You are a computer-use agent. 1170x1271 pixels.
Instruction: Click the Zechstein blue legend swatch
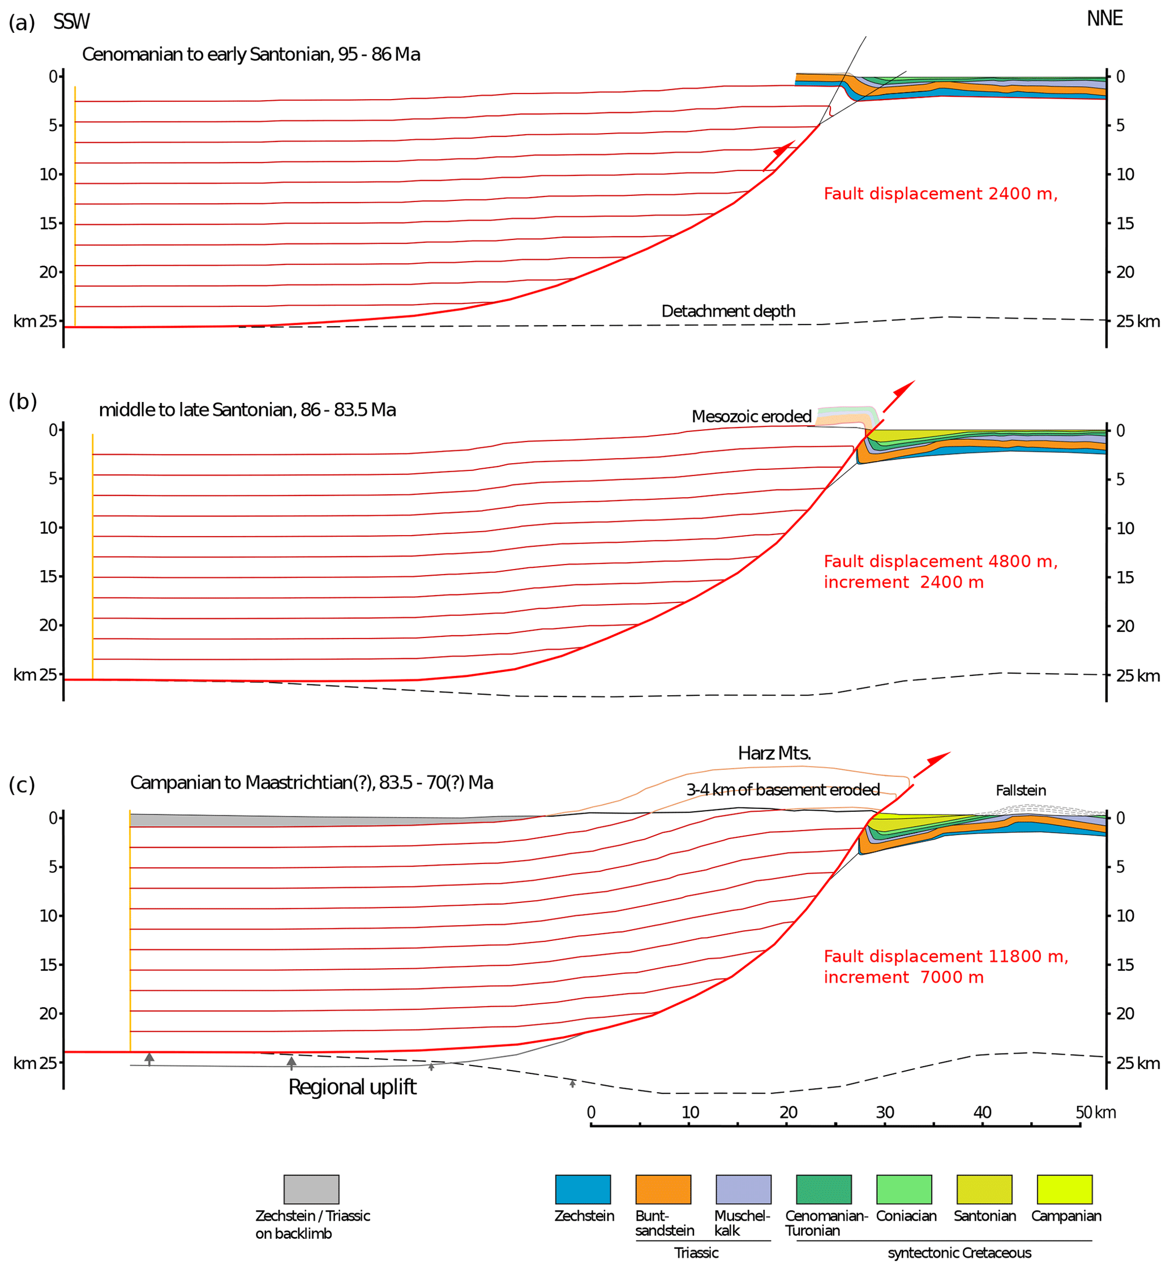tap(582, 1189)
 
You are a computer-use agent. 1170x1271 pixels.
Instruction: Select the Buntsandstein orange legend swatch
tap(663, 1189)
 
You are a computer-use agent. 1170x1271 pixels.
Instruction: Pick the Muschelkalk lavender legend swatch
tap(743, 1189)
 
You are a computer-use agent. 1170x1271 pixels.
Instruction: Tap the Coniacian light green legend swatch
tap(903, 1189)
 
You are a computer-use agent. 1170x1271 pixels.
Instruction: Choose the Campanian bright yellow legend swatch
tap(1064, 1189)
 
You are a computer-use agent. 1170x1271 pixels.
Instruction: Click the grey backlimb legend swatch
tap(311, 1189)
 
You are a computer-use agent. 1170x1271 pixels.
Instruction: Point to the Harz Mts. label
tap(774, 753)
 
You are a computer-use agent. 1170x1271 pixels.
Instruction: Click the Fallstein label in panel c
tap(1021, 790)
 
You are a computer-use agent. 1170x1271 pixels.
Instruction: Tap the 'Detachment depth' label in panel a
tap(728, 311)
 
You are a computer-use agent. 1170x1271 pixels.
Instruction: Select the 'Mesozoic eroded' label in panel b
tap(752, 416)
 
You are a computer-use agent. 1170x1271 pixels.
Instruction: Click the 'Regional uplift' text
tap(352, 1086)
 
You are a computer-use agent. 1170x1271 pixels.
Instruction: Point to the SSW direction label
tap(71, 22)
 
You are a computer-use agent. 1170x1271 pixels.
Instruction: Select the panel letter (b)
tap(23, 401)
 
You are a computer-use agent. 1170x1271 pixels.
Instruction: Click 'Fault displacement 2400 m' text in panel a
tap(940, 194)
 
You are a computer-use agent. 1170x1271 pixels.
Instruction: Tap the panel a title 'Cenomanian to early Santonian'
tap(251, 54)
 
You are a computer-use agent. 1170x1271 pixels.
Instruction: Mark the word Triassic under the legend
tap(696, 1253)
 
